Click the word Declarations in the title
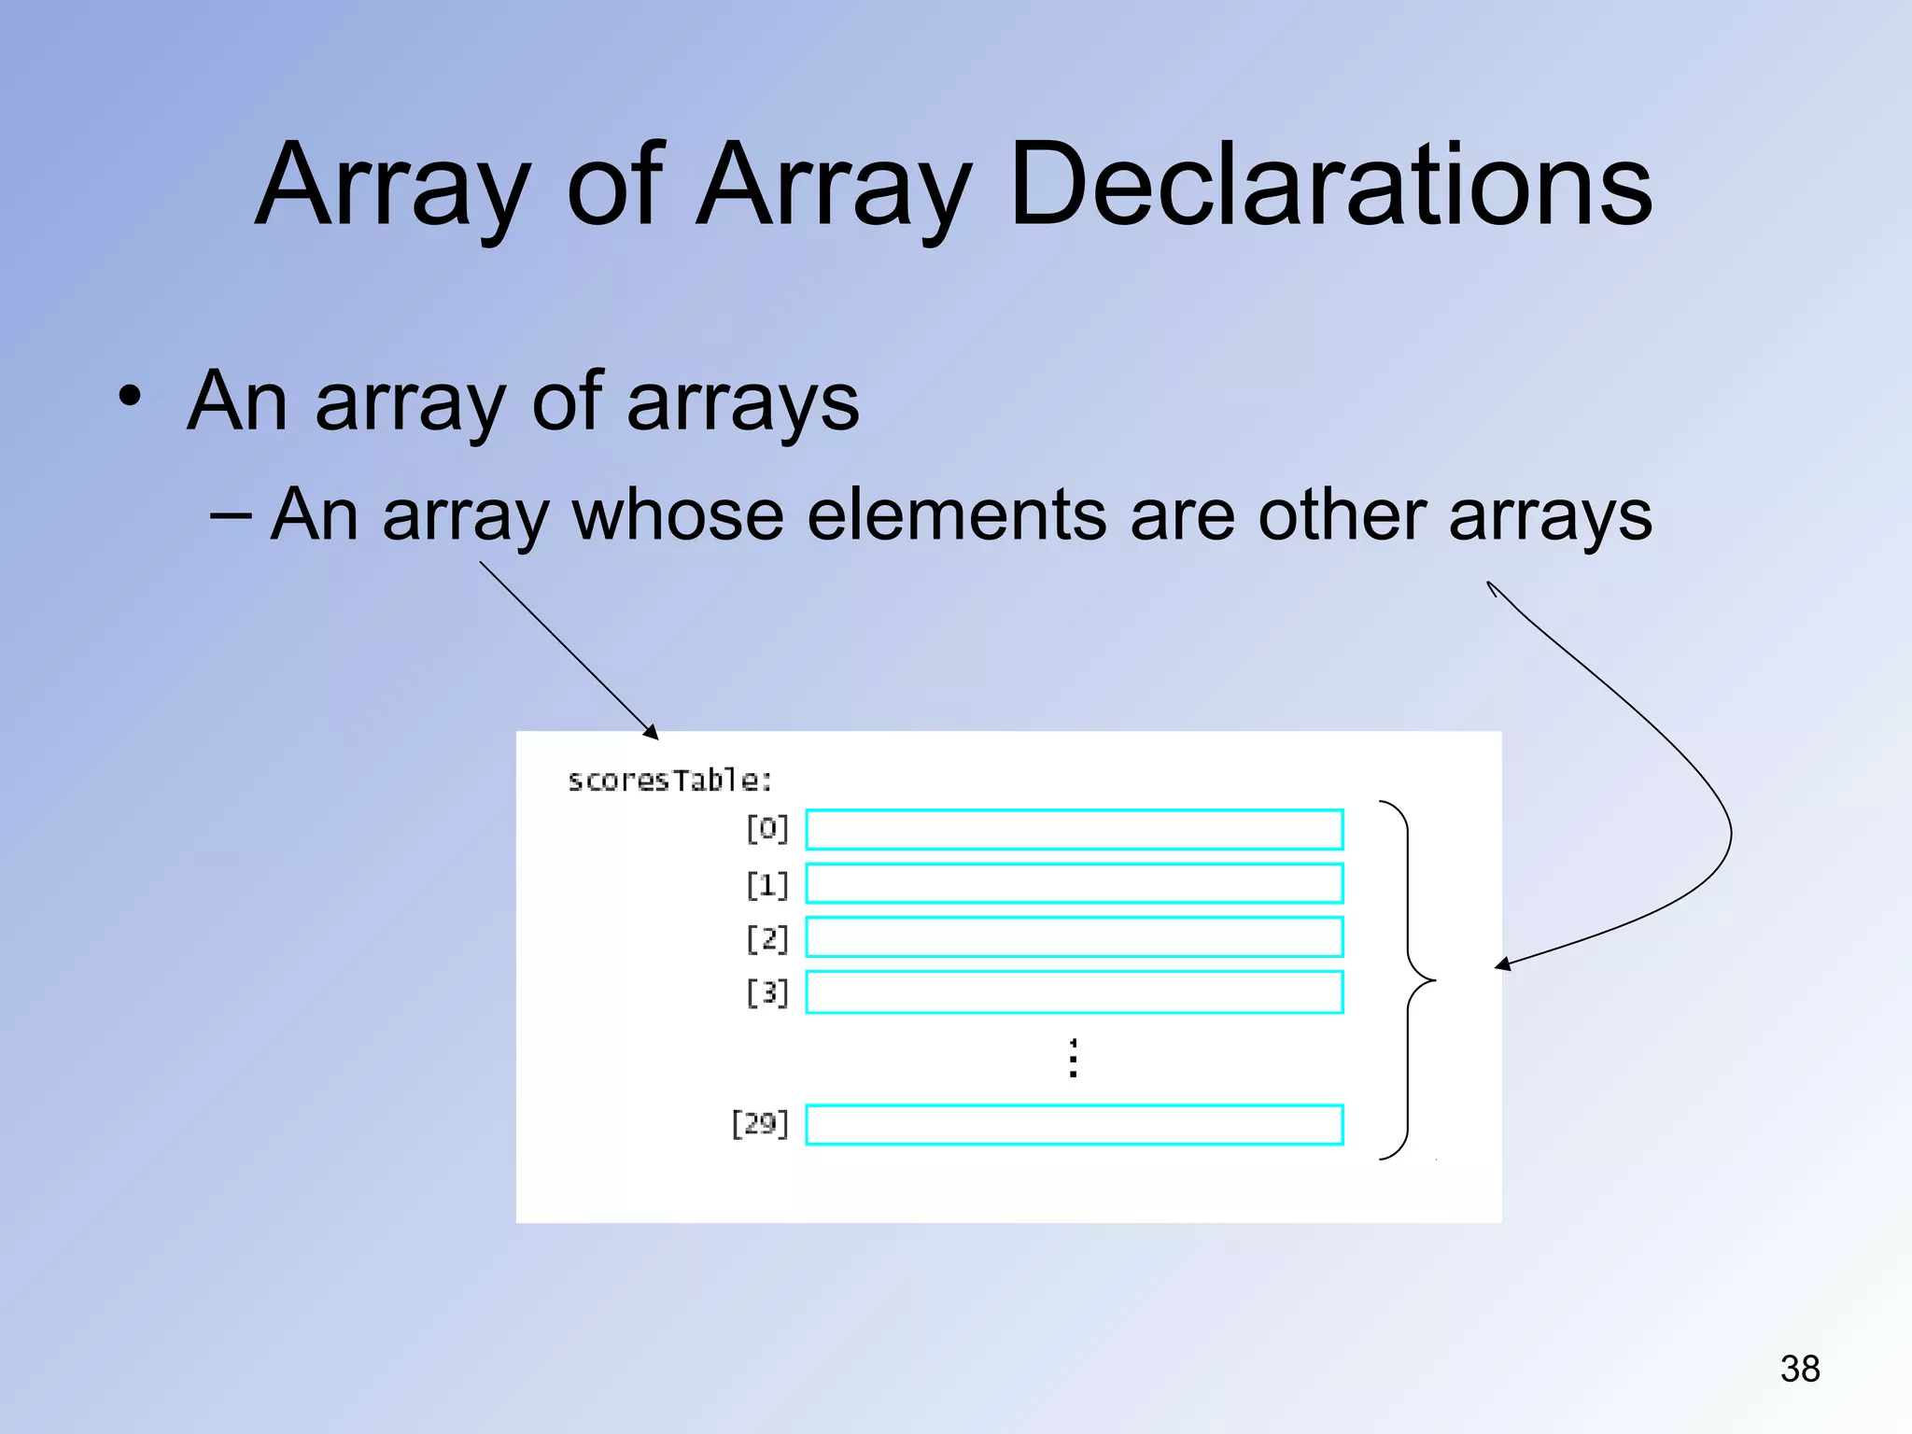coord(1330,184)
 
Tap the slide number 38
coord(1799,1369)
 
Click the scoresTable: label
coord(669,780)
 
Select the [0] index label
coord(767,829)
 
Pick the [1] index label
coord(767,884)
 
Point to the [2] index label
coord(767,938)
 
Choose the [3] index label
coord(767,992)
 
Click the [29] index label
coord(760,1124)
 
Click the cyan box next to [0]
coord(1074,829)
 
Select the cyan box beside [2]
coord(1074,937)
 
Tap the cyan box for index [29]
coord(1074,1125)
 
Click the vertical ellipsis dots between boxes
coord(1074,1058)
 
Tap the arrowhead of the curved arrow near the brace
coord(1501,965)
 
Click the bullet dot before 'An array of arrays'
coord(130,399)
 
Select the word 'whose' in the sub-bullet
coord(677,515)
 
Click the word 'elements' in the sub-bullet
coord(956,515)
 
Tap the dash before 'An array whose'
coord(231,513)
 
